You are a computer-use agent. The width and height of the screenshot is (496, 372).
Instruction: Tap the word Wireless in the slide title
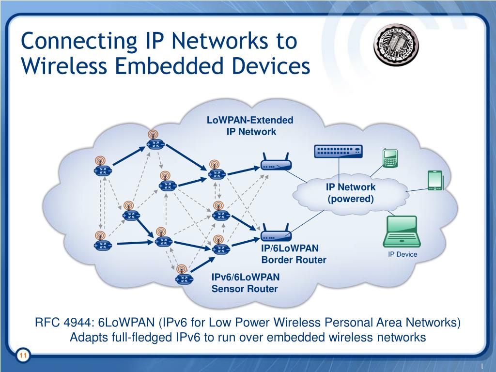coord(63,66)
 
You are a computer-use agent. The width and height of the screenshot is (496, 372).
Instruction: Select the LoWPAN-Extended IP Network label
coord(250,125)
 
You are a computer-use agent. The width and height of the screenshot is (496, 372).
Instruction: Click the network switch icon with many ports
coord(339,152)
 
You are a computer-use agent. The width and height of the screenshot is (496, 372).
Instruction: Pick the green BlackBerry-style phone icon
coord(390,158)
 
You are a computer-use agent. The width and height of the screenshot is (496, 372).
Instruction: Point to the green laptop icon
coord(402,232)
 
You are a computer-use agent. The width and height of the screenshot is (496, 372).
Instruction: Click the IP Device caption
coord(402,254)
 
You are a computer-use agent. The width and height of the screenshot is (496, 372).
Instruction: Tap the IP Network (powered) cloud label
coord(351,193)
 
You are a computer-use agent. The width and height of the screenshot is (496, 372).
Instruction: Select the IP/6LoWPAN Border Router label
coord(294,254)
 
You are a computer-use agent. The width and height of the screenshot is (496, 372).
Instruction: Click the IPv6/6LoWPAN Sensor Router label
coord(245,283)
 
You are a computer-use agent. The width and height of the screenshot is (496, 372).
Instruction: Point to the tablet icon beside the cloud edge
coord(434,180)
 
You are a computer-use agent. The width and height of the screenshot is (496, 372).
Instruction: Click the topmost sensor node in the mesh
coord(155,143)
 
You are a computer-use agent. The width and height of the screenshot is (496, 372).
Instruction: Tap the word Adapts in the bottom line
coord(87,338)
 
